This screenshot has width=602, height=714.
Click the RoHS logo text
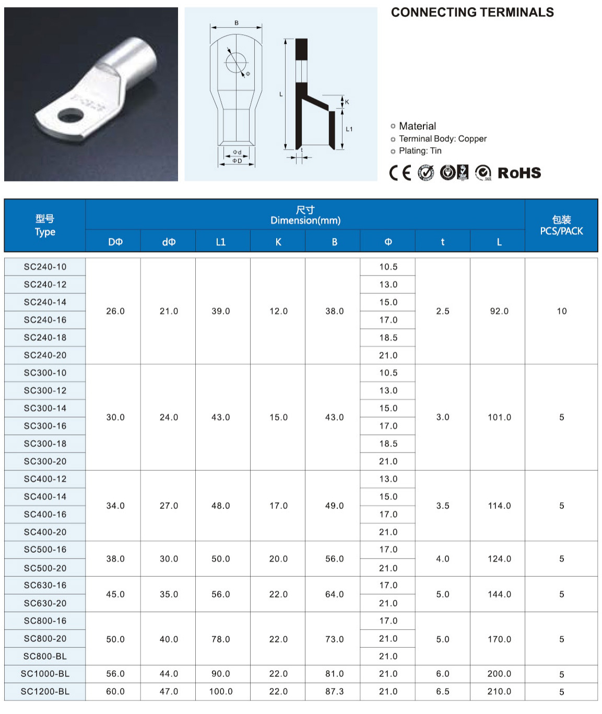pyautogui.click(x=519, y=173)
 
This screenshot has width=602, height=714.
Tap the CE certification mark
pyautogui.click(x=400, y=173)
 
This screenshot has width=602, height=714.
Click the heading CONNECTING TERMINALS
pyautogui.click(x=472, y=13)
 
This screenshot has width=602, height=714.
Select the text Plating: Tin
pyautogui.click(x=420, y=151)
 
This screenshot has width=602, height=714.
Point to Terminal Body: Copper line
pyautogui.click(x=442, y=139)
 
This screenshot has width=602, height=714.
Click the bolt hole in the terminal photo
pyautogui.click(x=70, y=115)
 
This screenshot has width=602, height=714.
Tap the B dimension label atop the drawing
pyautogui.click(x=237, y=23)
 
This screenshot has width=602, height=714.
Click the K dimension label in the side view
pyautogui.click(x=347, y=102)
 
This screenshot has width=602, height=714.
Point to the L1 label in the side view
pyautogui.click(x=349, y=129)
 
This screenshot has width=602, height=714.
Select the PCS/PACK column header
pyautogui.click(x=561, y=225)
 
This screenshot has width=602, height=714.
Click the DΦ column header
pyautogui.click(x=115, y=242)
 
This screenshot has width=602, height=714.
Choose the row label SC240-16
pyautogui.click(x=45, y=320)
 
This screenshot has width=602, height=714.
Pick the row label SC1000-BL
pyautogui.click(x=45, y=674)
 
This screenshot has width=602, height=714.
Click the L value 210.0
pyautogui.click(x=499, y=692)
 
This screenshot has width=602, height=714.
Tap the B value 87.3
pyautogui.click(x=334, y=692)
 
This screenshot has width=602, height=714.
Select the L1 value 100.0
pyautogui.click(x=221, y=692)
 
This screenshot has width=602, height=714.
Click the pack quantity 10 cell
pyautogui.click(x=561, y=311)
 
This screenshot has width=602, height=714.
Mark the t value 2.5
pyautogui.click(x=442, y=311)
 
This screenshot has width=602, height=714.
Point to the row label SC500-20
pyautogui.click(x=45, y=568)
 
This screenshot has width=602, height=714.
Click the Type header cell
pyautogui.click(x=45, y=225)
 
